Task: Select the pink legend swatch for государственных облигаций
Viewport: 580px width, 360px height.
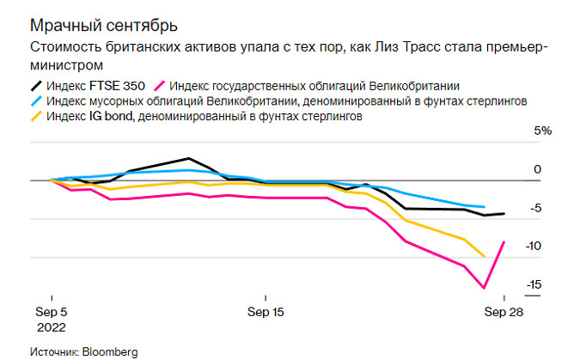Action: tap(158, 85)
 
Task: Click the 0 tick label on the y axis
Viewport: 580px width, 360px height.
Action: tap(538, 170)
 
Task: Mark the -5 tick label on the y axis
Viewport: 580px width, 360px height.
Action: tap(536, 209)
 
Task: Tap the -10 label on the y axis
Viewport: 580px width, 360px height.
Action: tap(534, 247)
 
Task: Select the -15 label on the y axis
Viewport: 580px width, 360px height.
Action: tap(534, 285)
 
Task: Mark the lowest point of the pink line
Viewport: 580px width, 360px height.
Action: tap(485, 288)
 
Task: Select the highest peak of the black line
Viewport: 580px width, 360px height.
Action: tap(188, 158)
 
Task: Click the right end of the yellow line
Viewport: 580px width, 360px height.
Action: tap(485, 256)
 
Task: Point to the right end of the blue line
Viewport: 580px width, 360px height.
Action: tap(485, 207)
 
